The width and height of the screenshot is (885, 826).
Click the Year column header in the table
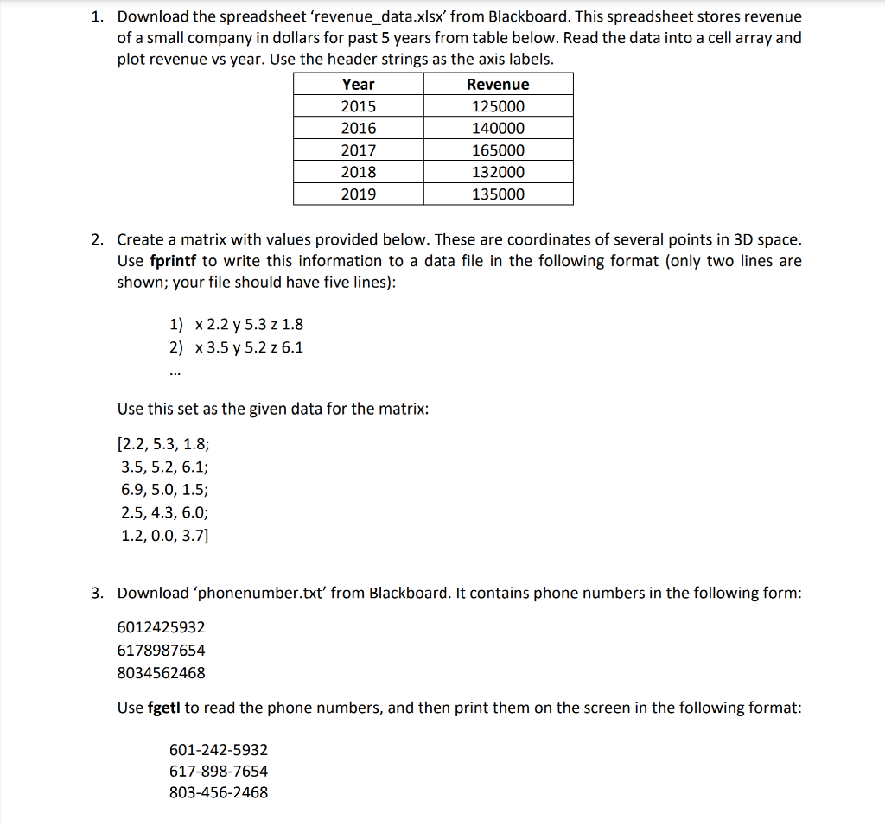(x=358, y=84)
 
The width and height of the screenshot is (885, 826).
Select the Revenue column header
(x=498, y=84)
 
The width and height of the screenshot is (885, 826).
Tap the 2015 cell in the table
(x=358, y=106)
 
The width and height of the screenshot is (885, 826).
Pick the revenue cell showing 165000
(x=498, y=150)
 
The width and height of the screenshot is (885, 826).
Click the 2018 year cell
(x=358, y=172)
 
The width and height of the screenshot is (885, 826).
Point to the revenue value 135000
(x=498, y=194)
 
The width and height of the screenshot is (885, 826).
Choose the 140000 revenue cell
(x=498, y=128)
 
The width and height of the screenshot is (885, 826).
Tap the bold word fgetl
(x=163, y=708)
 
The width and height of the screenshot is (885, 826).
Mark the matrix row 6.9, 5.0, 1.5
(x=164, y=490)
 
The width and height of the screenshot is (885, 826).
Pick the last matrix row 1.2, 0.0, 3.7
(x=164, y=535)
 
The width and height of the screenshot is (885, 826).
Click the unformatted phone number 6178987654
(x=161, y=650)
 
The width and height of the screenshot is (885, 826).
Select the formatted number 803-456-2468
(x=219, y=792)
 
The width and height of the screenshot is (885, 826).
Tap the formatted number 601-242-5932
(x=219, y=750)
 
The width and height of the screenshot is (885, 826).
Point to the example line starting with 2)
(x=236, y=347)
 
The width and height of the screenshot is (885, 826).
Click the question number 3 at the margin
(x=99, y=593)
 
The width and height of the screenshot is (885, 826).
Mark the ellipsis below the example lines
(x=175, y=374)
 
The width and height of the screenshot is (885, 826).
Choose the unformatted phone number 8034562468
(x=161, y=672)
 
